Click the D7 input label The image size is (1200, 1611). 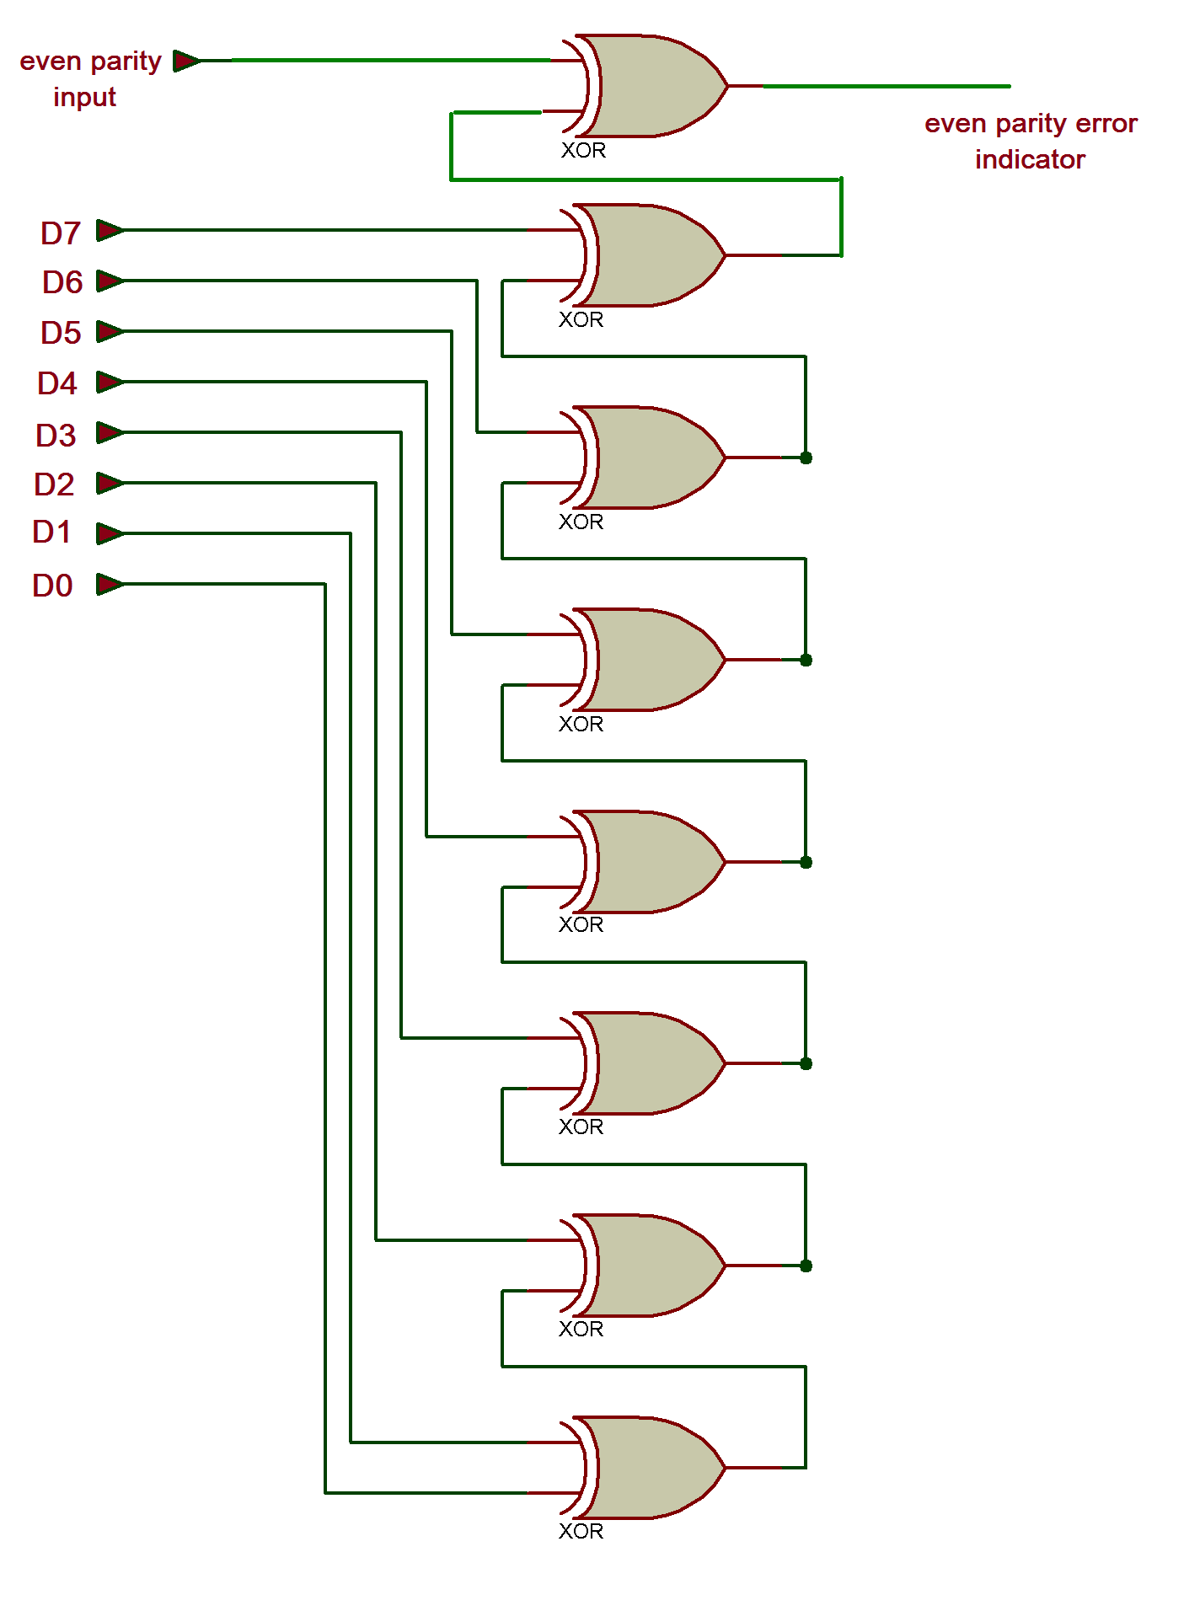[61, 233]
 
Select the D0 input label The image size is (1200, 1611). [52, 586]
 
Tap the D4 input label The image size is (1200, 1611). [57, 384]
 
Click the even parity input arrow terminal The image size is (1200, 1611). [186, 61]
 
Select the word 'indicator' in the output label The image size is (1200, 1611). [1030, 159]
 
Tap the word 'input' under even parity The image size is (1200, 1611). [84, 98]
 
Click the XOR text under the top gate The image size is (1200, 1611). [583, 151]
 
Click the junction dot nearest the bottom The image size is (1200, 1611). [806, 1266]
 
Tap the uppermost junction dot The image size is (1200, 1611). [806, 458]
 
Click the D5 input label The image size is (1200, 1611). [61, 334]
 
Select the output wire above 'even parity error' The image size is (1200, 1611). [885, 86]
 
